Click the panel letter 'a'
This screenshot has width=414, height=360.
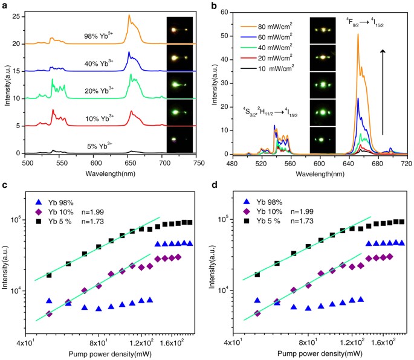5,5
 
